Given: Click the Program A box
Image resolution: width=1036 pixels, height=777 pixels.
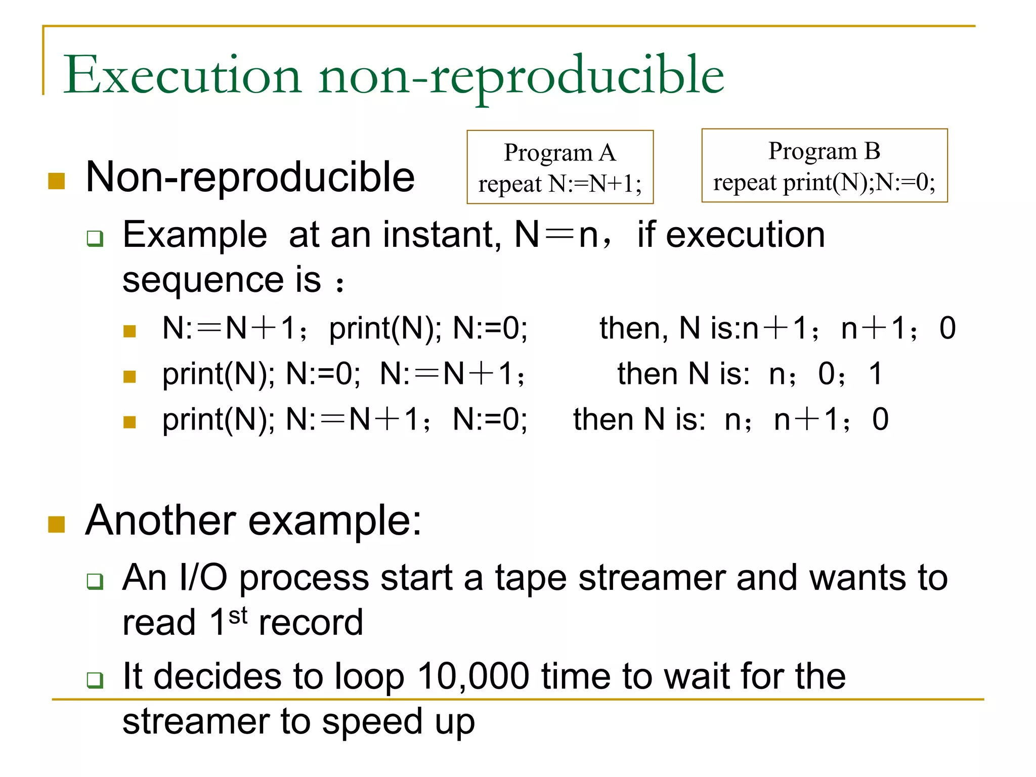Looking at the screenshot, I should click(560, 167).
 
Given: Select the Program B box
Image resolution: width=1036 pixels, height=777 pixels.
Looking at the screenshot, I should click(824, 165).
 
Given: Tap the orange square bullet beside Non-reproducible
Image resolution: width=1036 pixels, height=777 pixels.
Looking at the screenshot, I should click(57, 181).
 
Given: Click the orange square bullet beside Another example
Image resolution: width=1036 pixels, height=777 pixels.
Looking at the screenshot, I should click(57, 524).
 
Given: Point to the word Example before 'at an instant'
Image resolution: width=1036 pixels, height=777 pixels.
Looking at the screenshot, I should click(195, 235).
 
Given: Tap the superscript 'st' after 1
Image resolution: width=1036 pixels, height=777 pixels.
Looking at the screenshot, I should click(238, 616).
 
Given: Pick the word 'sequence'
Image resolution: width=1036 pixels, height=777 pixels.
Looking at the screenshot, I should click(203, 280).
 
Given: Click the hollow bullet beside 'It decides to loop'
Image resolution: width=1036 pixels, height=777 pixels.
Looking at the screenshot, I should click(95, 679).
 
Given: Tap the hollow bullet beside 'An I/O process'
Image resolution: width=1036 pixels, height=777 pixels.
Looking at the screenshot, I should click(95, 581).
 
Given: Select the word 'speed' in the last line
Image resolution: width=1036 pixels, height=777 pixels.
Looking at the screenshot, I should click(372, 722).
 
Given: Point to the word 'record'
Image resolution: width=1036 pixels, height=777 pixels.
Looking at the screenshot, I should click(311, 623).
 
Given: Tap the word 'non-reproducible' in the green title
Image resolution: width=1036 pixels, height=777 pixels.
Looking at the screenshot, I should click(521, 76).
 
